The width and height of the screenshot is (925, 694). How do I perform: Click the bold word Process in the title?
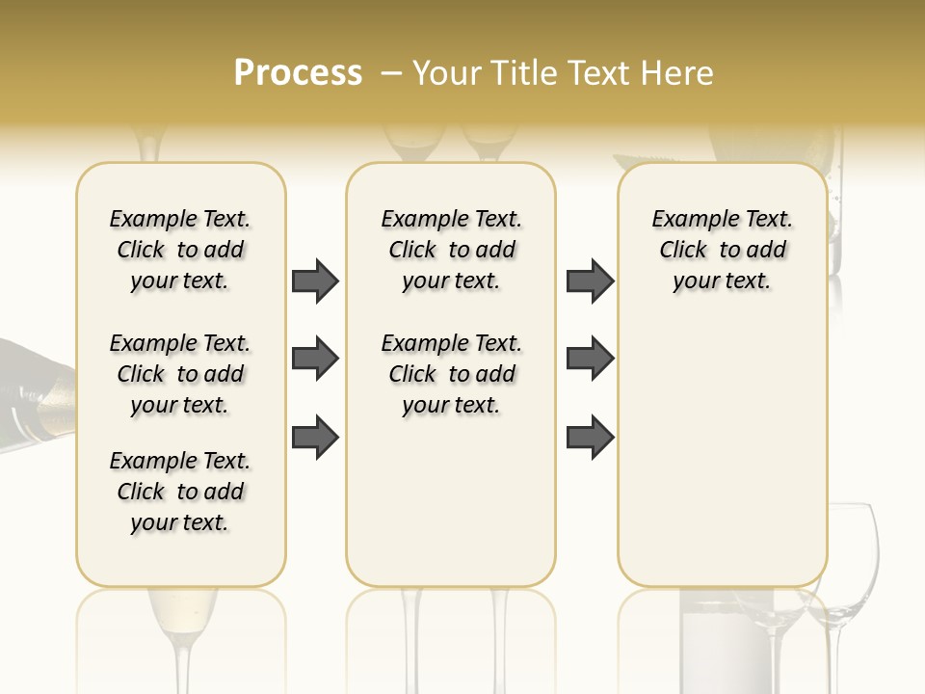[x=298, y=72]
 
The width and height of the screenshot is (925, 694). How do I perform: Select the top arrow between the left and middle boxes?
[x=315, y=280]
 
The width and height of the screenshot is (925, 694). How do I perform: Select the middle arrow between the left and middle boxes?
[x=315, y=359]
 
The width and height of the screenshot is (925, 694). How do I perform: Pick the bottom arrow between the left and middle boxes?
[x=315, y=438]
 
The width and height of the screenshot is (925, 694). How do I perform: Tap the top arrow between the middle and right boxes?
[x=590, y=280]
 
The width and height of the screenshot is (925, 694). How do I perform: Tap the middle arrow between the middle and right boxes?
[x=590, y=359]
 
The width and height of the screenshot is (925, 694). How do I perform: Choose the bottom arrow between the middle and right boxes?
[x=590, y=438]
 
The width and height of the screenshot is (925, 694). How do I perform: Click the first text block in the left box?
[x=180, y=250]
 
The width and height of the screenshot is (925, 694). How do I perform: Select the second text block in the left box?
[x=180, y=374]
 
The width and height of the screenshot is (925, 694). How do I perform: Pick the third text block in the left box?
[x=180, y=492]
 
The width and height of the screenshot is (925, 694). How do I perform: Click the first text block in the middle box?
[x=451, y=250]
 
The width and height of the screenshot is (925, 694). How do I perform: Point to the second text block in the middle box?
[x=451, y=374]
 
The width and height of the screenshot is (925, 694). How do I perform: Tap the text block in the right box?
[x=722, y=250]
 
